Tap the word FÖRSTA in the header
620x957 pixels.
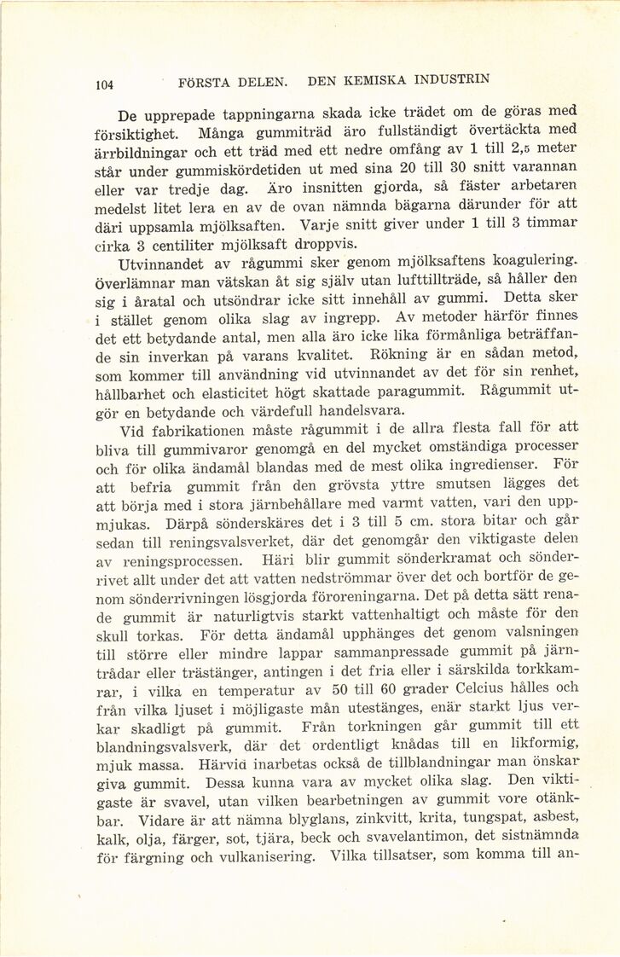point(205,83)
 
